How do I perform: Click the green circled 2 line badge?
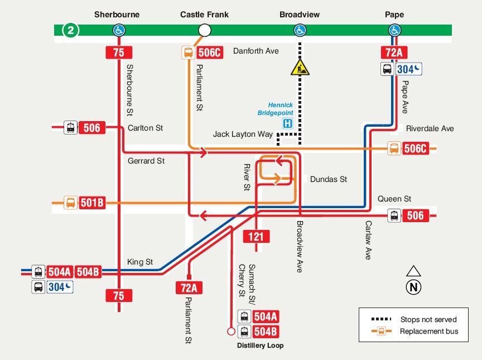point(70,30)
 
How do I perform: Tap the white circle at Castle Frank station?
point(205,30)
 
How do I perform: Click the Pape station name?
point(394,15)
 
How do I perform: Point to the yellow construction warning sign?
point(300,68)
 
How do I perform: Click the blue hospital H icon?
point(287,123)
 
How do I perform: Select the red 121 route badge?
point(256,237)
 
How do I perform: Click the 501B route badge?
point(92,203)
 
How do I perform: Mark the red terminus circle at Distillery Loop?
point(232,332)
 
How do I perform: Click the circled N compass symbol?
point(413,287)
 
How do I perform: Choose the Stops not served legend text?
point(428,320)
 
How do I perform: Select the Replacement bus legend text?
point(428,332)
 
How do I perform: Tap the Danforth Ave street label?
point(256,51)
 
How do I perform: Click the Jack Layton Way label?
point(243,135)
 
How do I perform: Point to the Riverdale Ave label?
point(430,128)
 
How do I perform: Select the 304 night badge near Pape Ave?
point(409,69)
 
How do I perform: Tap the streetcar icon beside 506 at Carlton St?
point(70,128)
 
